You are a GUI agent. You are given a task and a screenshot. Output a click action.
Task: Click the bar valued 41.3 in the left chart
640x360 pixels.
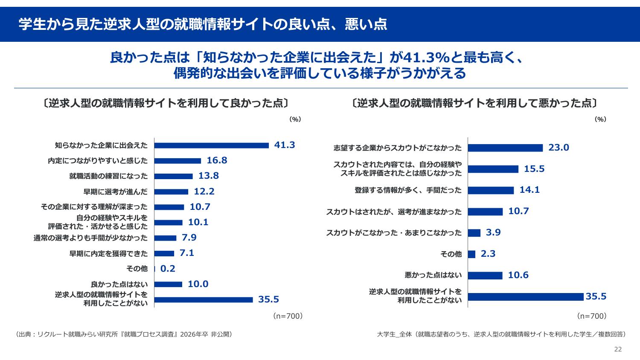click(211, 145)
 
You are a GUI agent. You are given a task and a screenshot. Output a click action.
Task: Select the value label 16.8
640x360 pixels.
click(217, 161)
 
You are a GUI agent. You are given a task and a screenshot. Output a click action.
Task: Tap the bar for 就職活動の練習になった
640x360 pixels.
click(173, 176)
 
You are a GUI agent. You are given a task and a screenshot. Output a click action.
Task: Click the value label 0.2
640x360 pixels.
click(168, 269)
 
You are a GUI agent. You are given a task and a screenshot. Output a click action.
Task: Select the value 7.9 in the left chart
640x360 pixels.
click(189, 238)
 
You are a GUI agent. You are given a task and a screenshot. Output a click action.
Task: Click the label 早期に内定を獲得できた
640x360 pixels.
click(108, 253)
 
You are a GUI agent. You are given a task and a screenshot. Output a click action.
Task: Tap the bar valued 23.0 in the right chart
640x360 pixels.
click(505, 148)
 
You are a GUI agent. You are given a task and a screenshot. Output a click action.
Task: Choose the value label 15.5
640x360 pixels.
click(534, 169)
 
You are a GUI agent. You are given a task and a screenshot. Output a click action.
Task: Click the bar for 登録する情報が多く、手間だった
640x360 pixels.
click(491, 190)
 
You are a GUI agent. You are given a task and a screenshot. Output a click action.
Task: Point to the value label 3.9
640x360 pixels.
click(493, 232)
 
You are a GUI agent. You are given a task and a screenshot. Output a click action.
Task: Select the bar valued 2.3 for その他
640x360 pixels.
click(471, 254)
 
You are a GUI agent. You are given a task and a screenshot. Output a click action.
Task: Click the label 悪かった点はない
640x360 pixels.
click(433, 275)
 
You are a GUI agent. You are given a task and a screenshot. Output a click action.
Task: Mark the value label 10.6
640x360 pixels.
click(518, 275)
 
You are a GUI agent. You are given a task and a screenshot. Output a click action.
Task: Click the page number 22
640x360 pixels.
click(618, 349)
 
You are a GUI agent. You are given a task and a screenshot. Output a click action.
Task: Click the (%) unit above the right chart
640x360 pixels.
click(600, 119)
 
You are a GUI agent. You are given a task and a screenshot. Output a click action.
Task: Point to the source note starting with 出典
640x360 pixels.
click(124, 334)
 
